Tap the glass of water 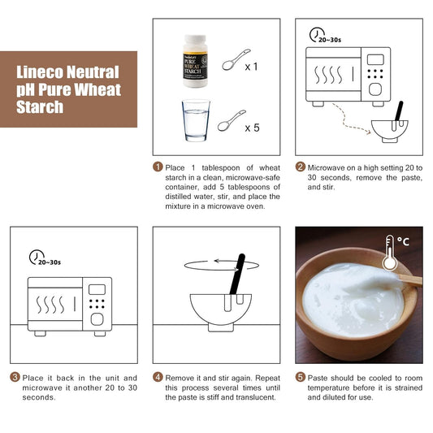194,121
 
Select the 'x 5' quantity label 252,128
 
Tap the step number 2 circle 300,167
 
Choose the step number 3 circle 15,378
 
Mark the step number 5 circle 300,378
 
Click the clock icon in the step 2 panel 317,34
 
